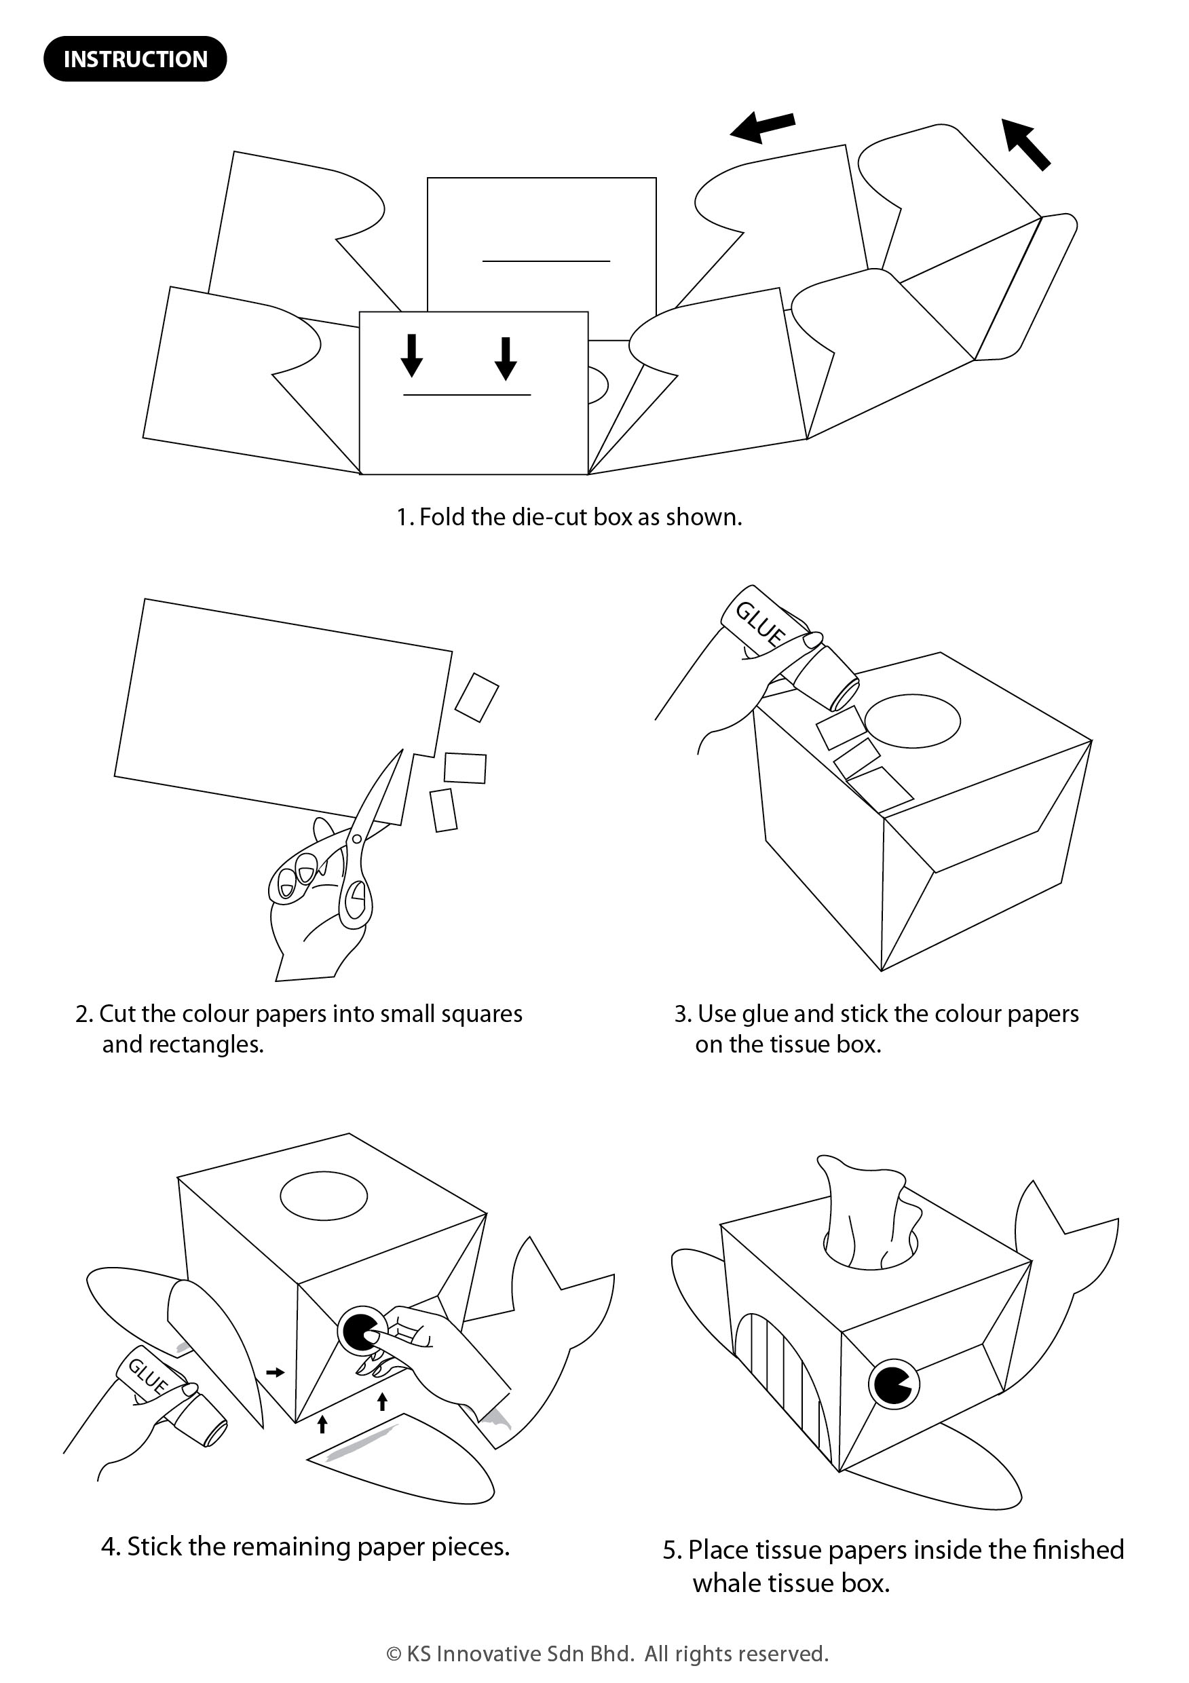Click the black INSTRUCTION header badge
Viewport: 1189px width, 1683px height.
pos(136,58)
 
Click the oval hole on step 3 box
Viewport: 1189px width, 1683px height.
pos(913,721)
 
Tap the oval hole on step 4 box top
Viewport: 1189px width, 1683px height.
pos(323,1196)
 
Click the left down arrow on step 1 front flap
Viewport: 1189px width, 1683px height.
pos(412,356)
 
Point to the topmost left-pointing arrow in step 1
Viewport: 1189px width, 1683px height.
pos(762,128)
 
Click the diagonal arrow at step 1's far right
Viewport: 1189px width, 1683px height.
pos(1026,144)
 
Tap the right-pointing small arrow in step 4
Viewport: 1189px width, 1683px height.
pos(275,1372)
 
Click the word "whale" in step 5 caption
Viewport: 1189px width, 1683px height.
pos(725,1583)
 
